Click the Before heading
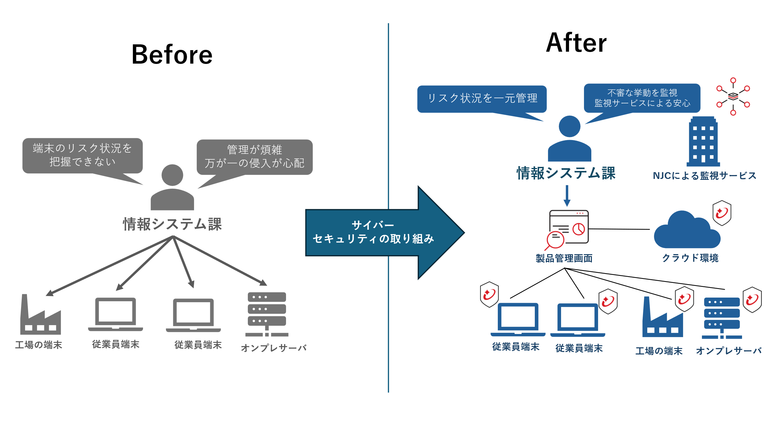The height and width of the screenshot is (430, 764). tap(172, 54)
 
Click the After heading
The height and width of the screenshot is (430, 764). tap(576, 43)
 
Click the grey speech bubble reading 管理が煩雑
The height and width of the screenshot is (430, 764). tap(255, 157)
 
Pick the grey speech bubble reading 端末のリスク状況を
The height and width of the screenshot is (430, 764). tap(83, 155)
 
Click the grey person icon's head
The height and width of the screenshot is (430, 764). tap(172, 175)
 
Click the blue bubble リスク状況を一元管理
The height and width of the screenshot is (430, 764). tap(482, 98)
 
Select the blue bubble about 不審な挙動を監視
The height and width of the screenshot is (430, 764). tap(642, 98)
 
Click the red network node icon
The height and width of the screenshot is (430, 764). tap(733, 97)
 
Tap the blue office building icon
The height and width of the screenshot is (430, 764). tap(703, 141)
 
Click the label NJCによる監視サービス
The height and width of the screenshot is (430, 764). tap(704, 176)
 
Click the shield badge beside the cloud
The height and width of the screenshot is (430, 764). tap(722, 213)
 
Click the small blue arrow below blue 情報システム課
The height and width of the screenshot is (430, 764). tap(567, 196)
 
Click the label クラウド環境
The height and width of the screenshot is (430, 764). tap(690, 258)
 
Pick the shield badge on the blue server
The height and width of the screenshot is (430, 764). tap(752, 299)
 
